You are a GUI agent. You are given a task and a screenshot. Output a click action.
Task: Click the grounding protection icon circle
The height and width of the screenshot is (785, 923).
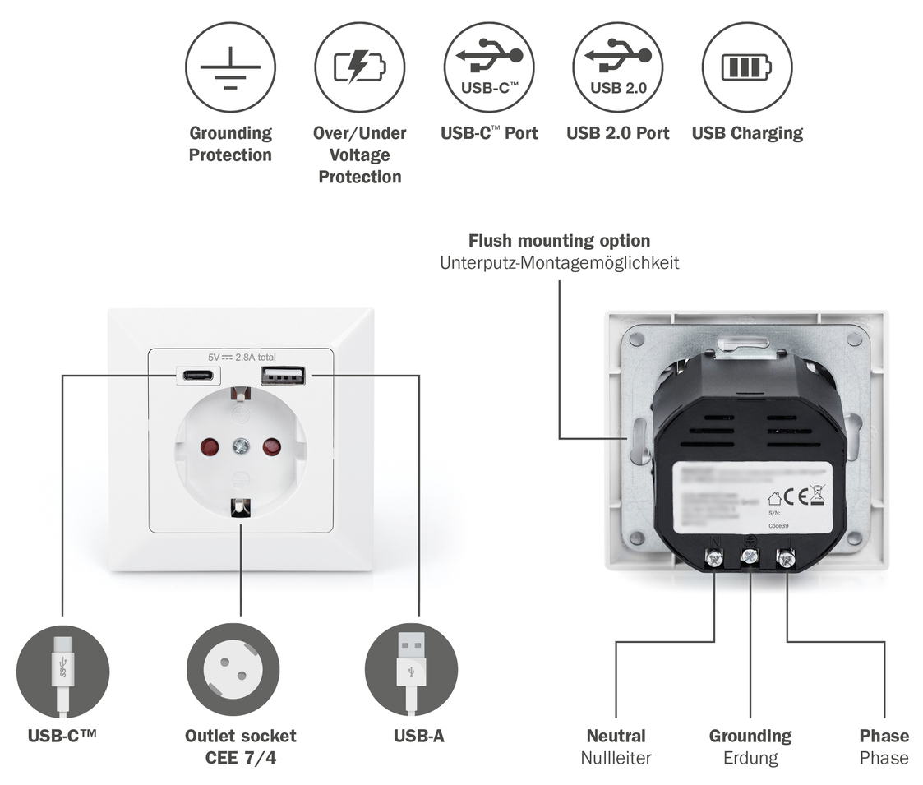230,67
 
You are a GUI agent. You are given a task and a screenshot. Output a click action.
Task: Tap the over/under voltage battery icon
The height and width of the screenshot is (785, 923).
359,67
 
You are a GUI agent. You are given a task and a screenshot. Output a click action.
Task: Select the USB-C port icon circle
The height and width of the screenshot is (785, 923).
489,67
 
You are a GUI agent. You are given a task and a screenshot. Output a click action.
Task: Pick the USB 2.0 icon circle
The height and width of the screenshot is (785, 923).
618,67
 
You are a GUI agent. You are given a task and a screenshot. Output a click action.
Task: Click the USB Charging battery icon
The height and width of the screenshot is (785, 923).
747,67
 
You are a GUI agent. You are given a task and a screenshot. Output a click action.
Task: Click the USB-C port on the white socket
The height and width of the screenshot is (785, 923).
198,376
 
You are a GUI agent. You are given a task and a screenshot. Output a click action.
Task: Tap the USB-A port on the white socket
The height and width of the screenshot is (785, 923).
284,376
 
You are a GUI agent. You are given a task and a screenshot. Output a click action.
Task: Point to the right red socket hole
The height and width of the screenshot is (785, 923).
271,447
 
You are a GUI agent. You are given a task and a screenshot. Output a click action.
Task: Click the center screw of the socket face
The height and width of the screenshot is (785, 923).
241,446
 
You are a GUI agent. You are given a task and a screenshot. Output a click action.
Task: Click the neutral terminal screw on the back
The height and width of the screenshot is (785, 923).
714,559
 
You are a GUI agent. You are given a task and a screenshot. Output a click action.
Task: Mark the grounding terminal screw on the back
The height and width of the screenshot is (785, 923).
750,556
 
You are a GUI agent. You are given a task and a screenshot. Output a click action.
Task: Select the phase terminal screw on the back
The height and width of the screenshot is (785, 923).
786,559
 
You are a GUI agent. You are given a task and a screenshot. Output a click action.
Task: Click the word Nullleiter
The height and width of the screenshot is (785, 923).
616,758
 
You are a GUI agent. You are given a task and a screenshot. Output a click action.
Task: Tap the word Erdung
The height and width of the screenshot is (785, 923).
750,758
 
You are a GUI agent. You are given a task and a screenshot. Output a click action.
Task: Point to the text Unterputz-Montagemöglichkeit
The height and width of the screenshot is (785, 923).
560,263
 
